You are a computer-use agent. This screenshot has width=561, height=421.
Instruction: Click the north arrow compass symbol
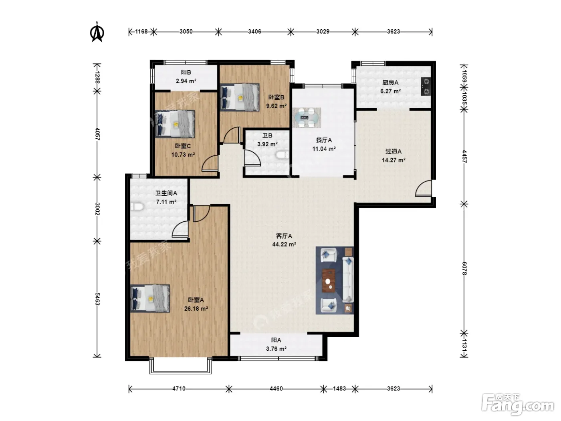[x=97, y=32]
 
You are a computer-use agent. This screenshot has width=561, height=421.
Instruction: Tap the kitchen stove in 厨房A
[x=426, y=87]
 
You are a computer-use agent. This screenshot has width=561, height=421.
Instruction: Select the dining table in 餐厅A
[x=307, y=118]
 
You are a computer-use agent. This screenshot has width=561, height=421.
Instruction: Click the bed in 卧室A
[x=150, y=298]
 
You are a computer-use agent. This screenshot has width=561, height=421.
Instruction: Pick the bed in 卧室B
[x=240, y=97]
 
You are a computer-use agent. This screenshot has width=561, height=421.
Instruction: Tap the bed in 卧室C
[x=175, y=124]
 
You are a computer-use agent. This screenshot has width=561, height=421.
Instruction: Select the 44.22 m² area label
[x=284, y=244]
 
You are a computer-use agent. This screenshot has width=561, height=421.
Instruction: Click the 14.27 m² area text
[x=394, y=160]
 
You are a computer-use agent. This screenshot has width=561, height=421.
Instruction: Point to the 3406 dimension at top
[x=254, y=32]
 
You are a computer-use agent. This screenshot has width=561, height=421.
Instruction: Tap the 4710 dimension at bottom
[x=179, y=389]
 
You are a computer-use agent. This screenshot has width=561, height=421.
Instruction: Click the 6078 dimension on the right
[x=464, y=268]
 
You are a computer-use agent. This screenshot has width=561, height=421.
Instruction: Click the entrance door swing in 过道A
[x=424, y=188]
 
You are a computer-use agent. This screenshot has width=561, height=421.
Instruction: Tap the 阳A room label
[x=276, y=340]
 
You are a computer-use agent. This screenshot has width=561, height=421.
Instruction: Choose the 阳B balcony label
[x=186, y=73]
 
